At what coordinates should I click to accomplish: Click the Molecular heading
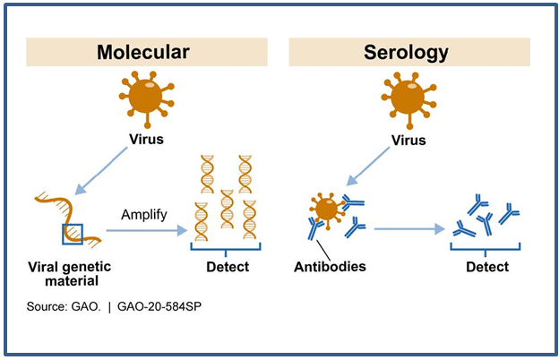click(x=143, y=52)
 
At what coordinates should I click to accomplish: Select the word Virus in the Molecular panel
click(x=145, y=141)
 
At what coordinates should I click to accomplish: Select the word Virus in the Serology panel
click(x=410, y=141)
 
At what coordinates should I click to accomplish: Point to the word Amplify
click(x=144, y=215)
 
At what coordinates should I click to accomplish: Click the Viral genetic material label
click(x=65, y=275)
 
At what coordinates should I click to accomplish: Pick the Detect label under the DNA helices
click(x=226, y=267)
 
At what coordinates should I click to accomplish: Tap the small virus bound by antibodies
click(x=325, y=209)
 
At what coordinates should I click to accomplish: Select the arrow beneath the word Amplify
click(x=148, y=230)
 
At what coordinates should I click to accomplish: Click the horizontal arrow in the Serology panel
click(x=408, y=230)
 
